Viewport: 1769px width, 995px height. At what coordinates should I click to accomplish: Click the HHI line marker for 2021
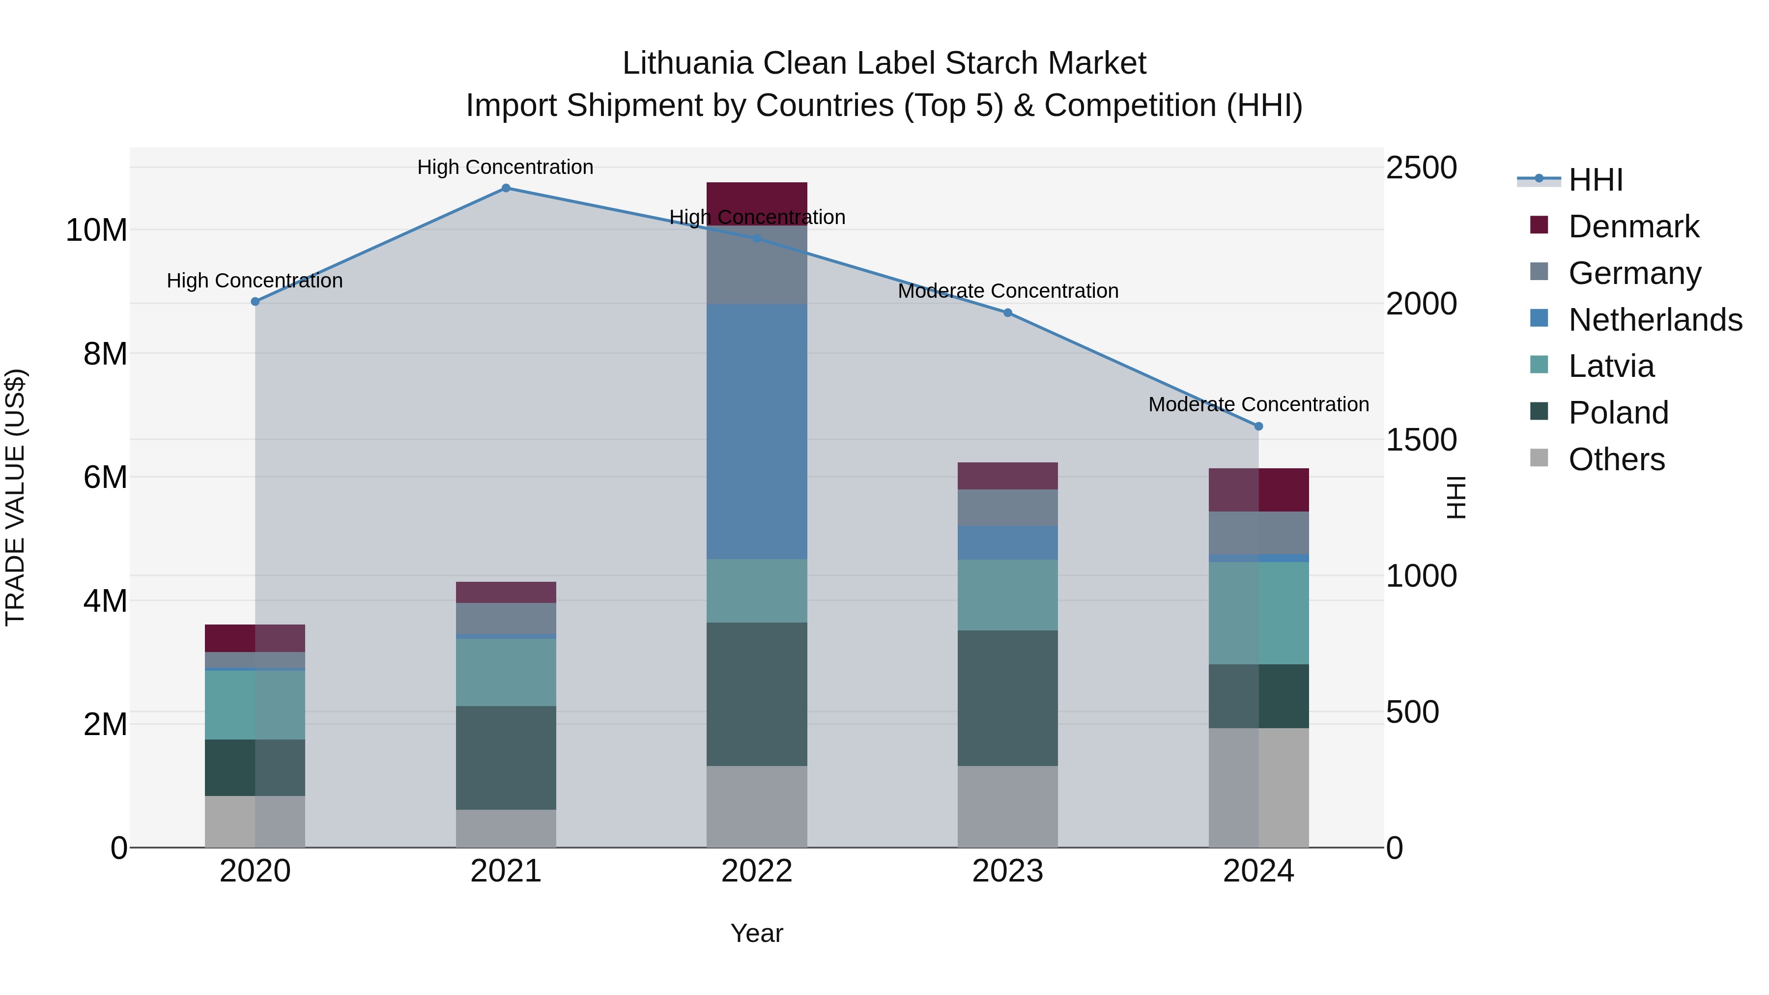tap(506, 188)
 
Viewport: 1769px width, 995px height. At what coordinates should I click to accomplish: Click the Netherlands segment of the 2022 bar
tap(756, 431)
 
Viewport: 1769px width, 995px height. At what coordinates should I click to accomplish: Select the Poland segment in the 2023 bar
tap(1007, 698)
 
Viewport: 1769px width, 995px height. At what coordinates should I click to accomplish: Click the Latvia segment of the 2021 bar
tap(506, 672)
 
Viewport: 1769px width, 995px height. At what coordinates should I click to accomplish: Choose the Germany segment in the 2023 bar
tap(1007, 508)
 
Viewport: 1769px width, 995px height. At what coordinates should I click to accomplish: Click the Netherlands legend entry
tap(1655, 320)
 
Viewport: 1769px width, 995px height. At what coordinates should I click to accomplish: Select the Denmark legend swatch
tap(1539, 225)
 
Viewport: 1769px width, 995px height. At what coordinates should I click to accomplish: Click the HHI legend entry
tap(1595, 180)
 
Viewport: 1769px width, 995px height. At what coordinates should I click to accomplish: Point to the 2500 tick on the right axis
tap(1421, 168)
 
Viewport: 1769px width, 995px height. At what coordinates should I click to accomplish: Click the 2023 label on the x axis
tap(1007, 871)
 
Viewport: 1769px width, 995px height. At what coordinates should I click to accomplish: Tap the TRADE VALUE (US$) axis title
tap(15, 497)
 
